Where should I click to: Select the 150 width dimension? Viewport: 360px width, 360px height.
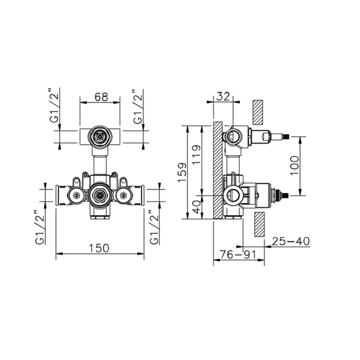click(99, 247)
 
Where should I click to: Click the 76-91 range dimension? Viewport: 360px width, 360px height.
click(238, 255)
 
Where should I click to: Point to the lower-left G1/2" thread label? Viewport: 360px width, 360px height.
click(40, 227)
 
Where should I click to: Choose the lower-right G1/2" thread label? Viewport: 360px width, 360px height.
click(153, 227)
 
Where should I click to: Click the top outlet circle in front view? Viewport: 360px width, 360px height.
click(99, 137)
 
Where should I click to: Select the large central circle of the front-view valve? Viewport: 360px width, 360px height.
click(99, 195)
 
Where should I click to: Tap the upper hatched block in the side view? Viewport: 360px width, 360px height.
click(258, 112)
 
